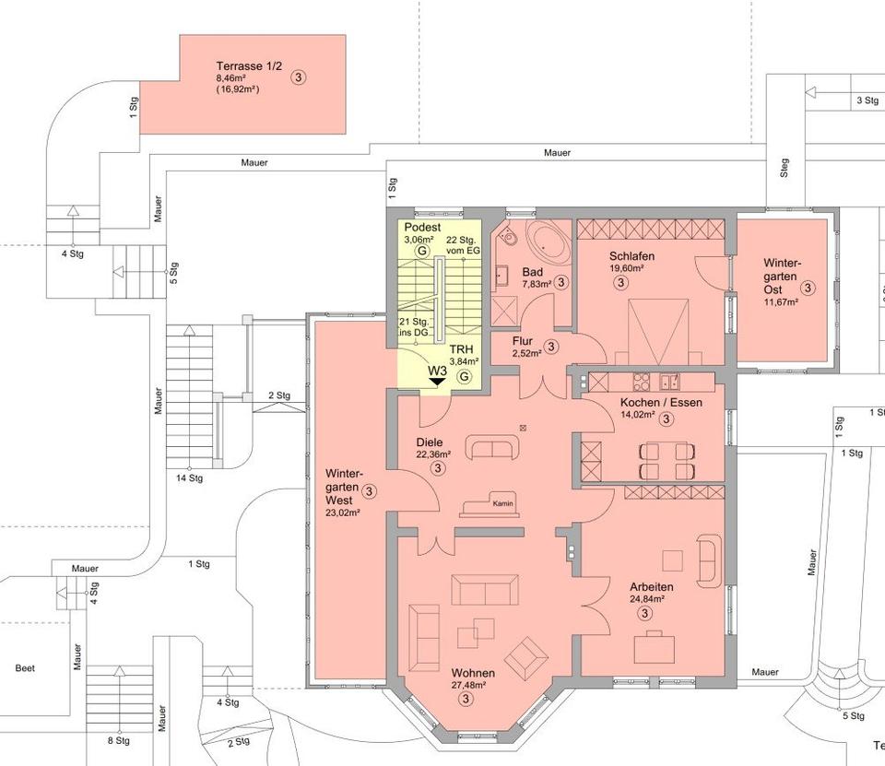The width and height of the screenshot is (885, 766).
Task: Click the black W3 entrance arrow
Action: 436,383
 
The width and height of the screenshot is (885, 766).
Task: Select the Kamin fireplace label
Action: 503,503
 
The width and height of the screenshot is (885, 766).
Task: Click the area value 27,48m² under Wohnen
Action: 469,685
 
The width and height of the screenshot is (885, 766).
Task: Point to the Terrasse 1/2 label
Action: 248,66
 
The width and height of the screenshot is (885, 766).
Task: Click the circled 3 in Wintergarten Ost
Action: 808,288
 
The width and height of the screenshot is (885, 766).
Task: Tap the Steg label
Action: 784,168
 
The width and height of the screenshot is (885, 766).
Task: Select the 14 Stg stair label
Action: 190,478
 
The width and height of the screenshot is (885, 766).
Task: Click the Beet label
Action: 25,668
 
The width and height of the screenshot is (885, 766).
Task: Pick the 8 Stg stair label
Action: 119,740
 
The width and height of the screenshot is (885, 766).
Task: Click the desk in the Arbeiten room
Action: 655,647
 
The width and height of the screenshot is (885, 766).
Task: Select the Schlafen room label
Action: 632,256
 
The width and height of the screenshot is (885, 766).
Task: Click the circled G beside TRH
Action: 465,376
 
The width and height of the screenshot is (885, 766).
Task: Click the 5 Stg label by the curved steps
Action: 854,716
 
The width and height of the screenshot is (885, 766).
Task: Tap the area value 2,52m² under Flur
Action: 526,353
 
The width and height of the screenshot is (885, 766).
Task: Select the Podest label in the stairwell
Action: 423,228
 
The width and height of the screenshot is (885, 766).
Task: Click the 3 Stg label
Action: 867,100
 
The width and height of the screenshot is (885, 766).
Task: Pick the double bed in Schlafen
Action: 658,332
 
